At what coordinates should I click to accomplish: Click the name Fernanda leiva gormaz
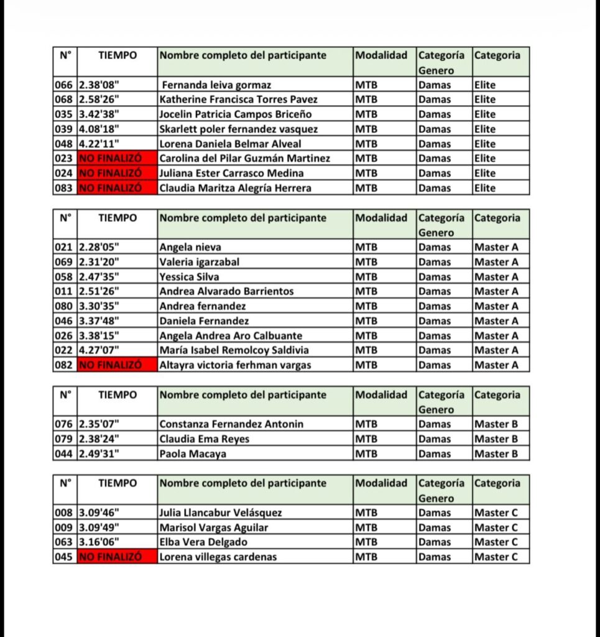pyautogui.click(x=215, y=85)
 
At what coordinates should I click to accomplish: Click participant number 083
pyautogui.click(x=64, y=188)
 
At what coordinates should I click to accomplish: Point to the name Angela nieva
pyautogui.click(x=190, y=248)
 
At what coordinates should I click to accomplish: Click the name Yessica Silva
pyautogui.click(x=190, y=277)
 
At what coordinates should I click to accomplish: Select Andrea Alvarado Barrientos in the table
pyautogui.click(x=226, y=292)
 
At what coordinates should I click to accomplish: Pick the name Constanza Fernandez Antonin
pyautogui.click(x=231, y=424)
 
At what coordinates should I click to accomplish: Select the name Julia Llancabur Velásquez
pyautogui.click(x=221, y=513)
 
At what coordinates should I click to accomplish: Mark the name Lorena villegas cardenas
pyautogui.click(x=218, y=557)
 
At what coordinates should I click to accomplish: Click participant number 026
pyautogui.click(x=64, y=336)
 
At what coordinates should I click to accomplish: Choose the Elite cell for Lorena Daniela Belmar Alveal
pyautogui.click(x=485, y=144)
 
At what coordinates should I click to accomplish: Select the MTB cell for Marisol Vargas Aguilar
pyautogui.click(x=366, y=528)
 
